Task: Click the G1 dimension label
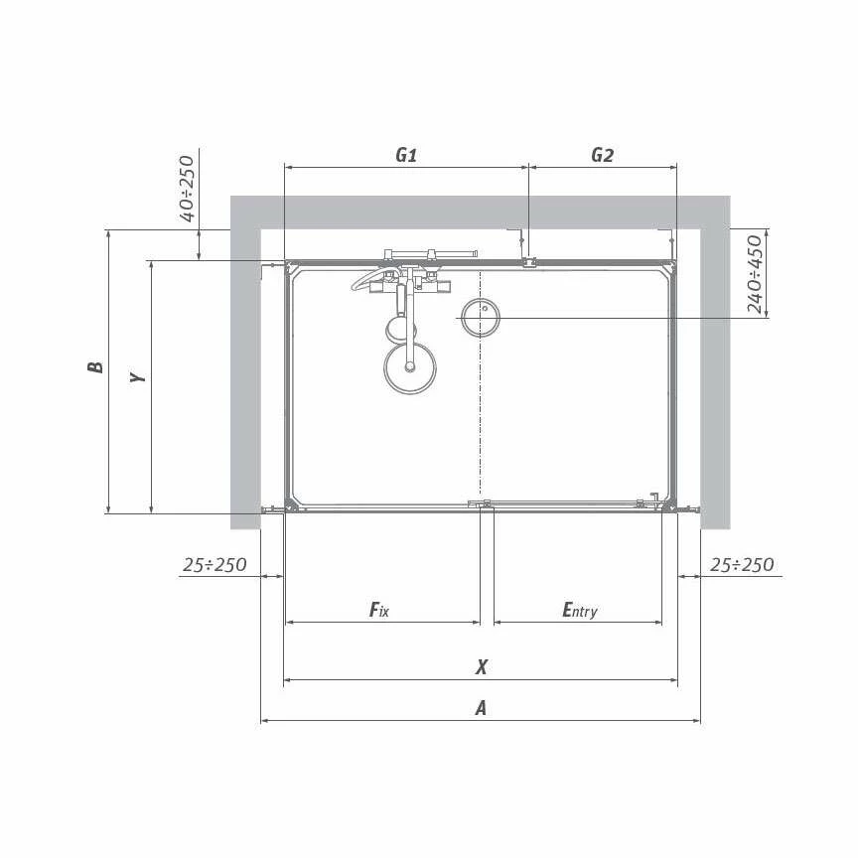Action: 406,155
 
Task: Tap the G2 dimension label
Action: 602,155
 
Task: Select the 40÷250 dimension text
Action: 187,189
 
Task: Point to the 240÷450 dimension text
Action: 755,274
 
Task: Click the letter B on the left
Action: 95,366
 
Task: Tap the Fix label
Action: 379,610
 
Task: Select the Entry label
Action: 580,610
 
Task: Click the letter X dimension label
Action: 481,667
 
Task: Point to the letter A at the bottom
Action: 481,709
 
